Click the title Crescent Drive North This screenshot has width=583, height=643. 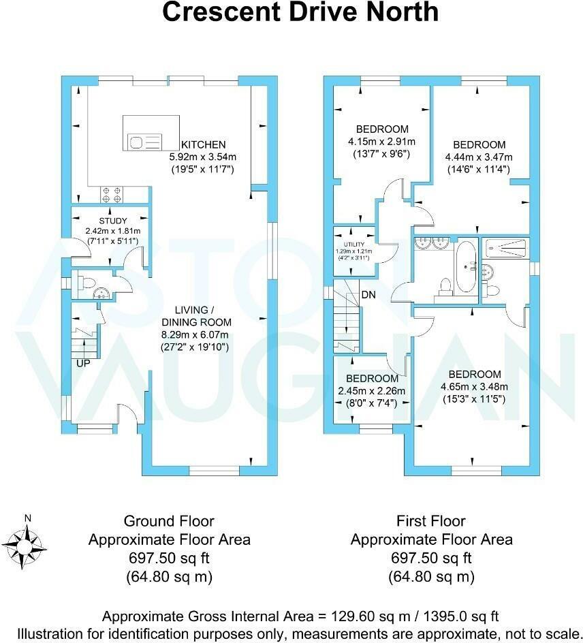[x=300, y=13]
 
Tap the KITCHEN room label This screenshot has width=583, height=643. [x=202, y=144]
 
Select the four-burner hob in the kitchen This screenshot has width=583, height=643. [x=111, y=195]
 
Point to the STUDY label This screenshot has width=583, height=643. [x=113, y=220]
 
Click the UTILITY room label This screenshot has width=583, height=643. [x=353, y=244]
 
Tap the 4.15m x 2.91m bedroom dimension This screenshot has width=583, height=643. [x=381, y=142]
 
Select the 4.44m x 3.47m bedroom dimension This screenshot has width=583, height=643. [x=479, y=157]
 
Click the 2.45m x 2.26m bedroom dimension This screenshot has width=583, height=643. [x=372, y=391]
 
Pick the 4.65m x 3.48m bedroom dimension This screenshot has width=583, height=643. [x=474, y=387]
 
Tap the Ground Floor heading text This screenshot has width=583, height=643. [x=168, y=521]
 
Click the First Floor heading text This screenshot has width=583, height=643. [x=430, y=521]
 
